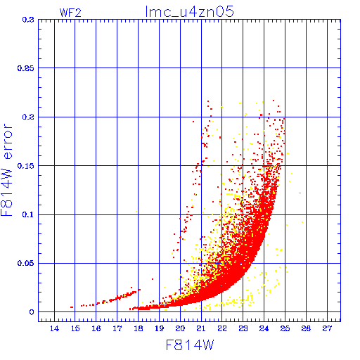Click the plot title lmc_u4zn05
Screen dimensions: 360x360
point(189,12)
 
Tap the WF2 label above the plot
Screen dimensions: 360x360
point(70,13)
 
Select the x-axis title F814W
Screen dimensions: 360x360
point(190,345)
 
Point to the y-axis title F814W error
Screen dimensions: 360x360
point(6,170)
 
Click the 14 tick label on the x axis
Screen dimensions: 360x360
point(54,328)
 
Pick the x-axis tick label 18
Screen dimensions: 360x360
point(139,328)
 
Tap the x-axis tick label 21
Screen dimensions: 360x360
point(201,328)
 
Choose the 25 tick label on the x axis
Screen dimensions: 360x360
point(285,328)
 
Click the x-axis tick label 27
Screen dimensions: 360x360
point(327,328)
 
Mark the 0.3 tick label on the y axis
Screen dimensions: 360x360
point(28,20)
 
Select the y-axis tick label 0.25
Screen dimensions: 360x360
point(26,68)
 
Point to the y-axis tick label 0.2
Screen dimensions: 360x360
point(28,117)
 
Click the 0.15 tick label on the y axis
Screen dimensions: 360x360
point(26,166)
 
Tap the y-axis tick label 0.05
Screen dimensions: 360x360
point(26,263)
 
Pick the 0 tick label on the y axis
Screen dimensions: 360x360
point(32,312)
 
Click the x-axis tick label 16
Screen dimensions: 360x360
point(96,328)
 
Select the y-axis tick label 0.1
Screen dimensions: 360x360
point(28,214)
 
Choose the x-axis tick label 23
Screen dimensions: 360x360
point(243,328)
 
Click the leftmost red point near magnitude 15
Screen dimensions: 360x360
point(72,307)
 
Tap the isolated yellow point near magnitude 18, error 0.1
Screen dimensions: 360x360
point(136,212)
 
